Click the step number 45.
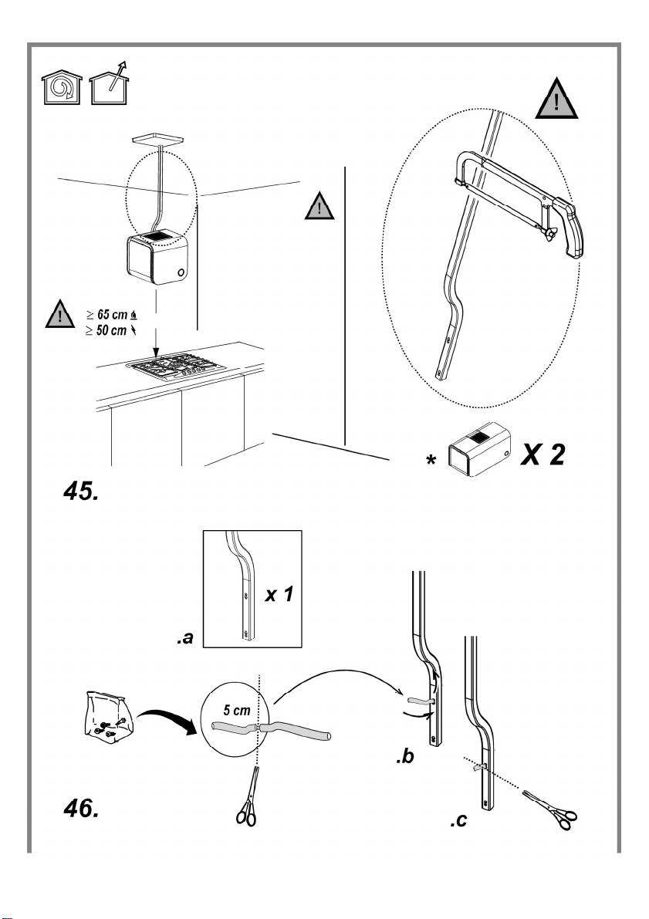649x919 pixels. click(80, 491)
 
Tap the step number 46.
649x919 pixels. click(80, 809)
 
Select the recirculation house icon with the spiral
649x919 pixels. click(61, 89)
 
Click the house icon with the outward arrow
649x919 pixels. click(110, 84)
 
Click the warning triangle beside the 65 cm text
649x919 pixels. click(59, 314)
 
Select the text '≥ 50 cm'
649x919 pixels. click(106, 331)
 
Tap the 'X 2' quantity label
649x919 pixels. click(543, 454)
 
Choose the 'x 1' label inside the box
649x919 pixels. click(279, 595)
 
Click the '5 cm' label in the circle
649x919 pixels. click(237, 711)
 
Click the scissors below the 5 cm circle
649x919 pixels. click(248, 796)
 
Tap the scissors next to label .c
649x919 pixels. click(550, 809)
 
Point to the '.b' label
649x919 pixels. click(404, 757)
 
